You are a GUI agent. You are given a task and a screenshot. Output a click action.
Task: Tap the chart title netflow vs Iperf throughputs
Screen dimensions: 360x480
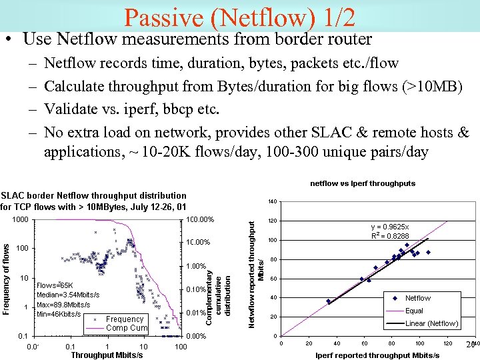(x=363, y=183)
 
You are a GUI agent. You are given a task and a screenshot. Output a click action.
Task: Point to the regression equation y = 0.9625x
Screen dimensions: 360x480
(x=390, y=227)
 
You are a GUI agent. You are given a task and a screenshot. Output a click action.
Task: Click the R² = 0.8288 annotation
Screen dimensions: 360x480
(x=390, y=236)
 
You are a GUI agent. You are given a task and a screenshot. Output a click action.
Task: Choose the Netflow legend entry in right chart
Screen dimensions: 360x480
(x=417, y=298)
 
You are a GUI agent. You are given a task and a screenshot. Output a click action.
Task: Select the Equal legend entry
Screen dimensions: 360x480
(x=414, y=311)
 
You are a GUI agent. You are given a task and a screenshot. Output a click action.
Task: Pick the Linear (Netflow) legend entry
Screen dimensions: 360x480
(x=431, y=323)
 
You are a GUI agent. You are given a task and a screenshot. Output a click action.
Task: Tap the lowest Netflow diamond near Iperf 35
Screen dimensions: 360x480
(x=328, y=301)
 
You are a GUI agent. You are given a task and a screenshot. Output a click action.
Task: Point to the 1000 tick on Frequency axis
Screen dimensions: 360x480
(x=20, y=219)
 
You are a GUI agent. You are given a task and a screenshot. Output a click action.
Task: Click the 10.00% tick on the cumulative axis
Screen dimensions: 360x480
(x=199, y=243)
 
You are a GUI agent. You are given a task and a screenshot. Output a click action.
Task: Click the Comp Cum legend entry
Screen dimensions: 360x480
(x=127, y=327)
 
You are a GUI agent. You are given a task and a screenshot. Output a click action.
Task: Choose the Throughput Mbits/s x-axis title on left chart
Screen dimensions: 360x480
(x=107, y=355)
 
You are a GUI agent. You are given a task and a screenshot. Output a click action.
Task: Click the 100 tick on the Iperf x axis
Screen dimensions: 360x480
(x=419, y=343)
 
